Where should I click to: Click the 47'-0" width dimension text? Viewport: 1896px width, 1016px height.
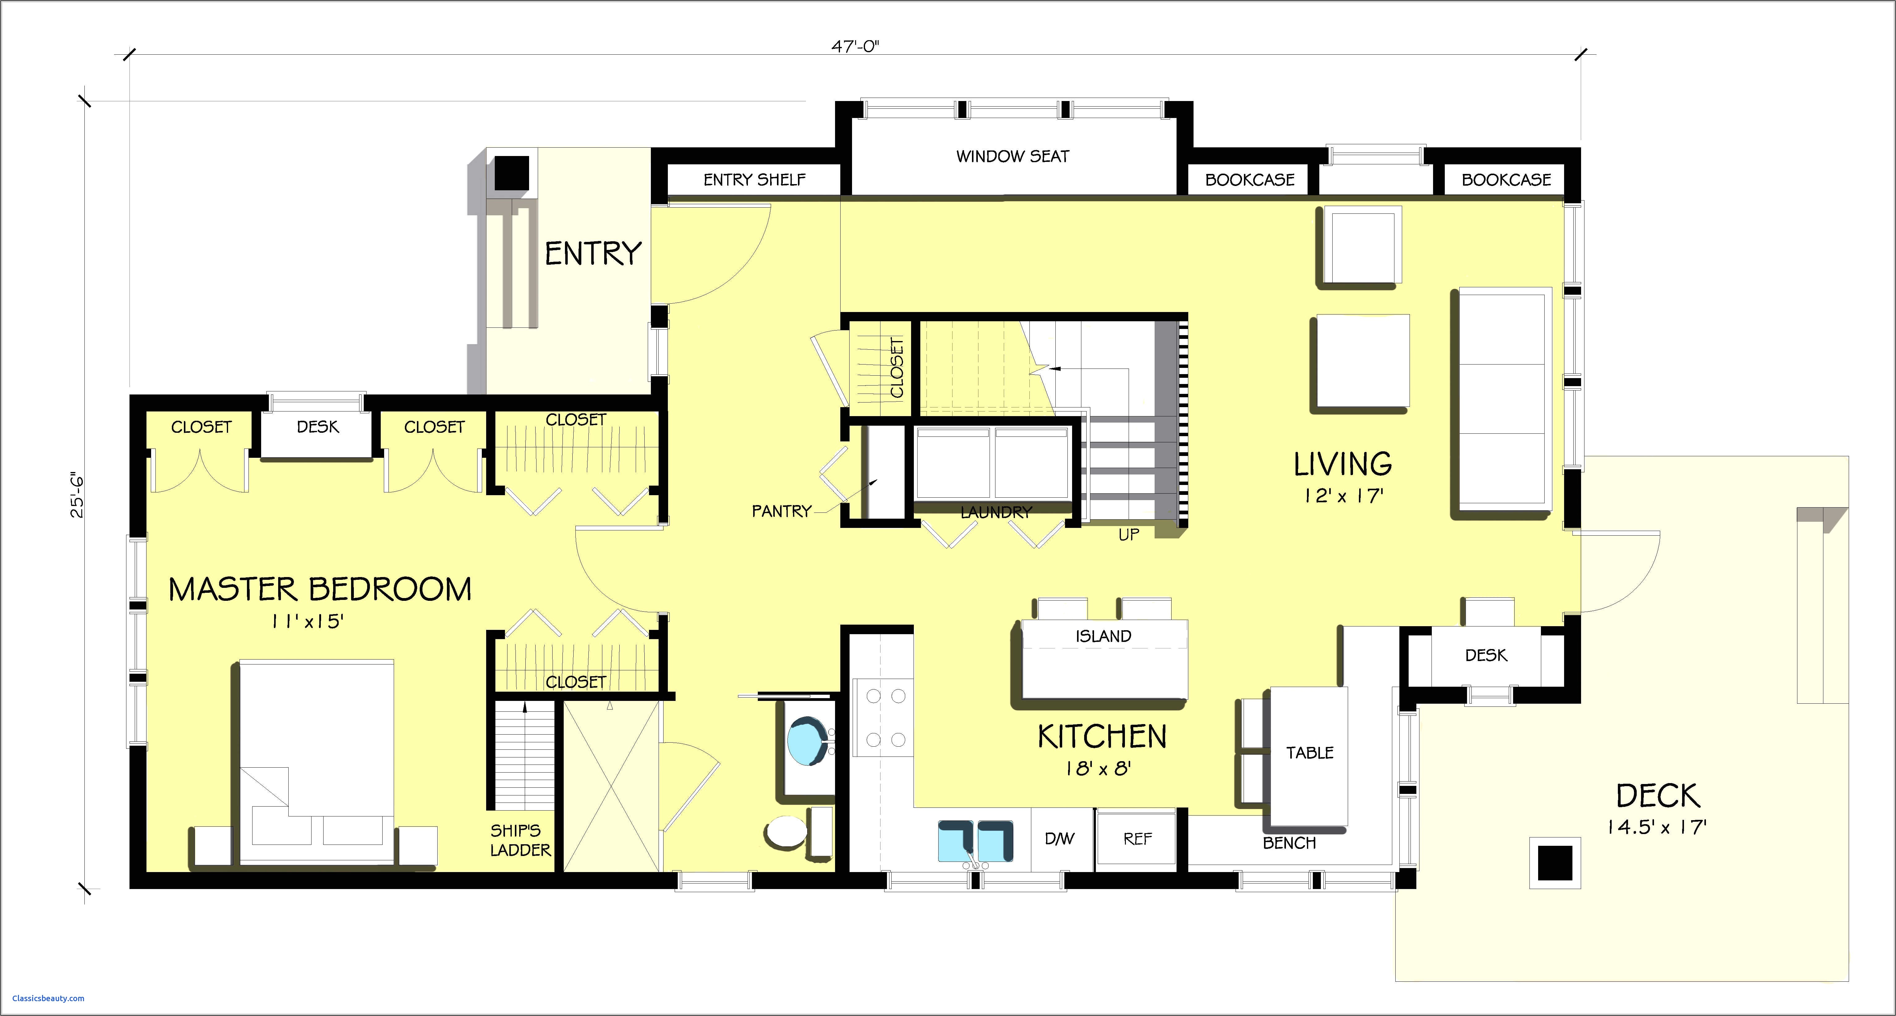coord(855,46)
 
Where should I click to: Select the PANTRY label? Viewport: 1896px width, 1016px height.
coord(781,511)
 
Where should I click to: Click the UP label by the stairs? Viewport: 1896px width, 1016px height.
coord(1128,535)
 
